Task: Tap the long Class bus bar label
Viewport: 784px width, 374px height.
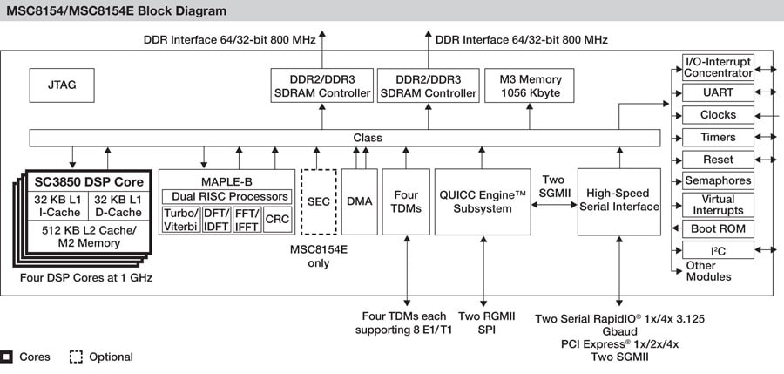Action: [367, 138]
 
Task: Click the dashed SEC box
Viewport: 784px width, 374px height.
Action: [319, 201]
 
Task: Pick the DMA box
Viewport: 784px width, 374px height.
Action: [359, 201]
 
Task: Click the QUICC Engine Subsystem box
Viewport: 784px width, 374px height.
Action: [483, 201]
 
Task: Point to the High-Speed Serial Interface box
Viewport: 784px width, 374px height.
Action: [618, 201]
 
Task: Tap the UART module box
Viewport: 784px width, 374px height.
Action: [717, 92]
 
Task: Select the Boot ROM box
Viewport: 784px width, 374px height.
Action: [717, 228]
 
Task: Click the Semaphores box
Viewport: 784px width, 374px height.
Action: [717, 181]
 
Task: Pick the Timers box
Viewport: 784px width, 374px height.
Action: [717, 137]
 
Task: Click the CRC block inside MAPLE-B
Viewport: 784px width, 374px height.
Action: [277, 219]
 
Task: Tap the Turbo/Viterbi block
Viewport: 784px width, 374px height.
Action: [181, 219]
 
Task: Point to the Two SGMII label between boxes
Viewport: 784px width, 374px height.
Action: [553, 186]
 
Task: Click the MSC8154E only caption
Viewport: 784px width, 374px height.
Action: [319, 256]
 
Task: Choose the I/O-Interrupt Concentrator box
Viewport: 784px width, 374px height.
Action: [717, 67]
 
